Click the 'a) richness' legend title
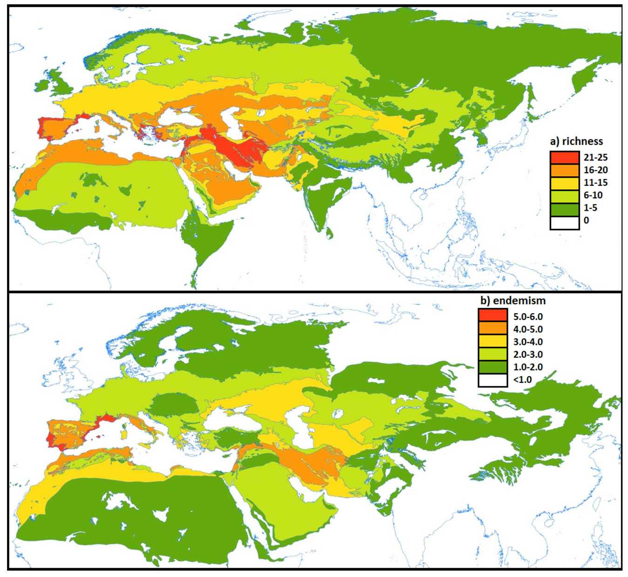pos(576,141)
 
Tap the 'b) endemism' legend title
pos(513,301)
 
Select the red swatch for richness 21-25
pos(564,157)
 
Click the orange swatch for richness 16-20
pos(564,170)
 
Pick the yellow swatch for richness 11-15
pos(564,182)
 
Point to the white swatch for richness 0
pos(564,221)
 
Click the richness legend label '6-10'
pos(593,195)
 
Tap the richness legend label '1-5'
pos(590,208)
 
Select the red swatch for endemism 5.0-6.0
pos(493,316)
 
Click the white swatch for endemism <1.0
pos(493,380)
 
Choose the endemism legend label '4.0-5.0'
pos(528,329)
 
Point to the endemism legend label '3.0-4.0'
pos(528,342)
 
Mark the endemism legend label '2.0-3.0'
pos(528,355)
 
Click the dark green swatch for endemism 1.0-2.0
pos(493,367)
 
